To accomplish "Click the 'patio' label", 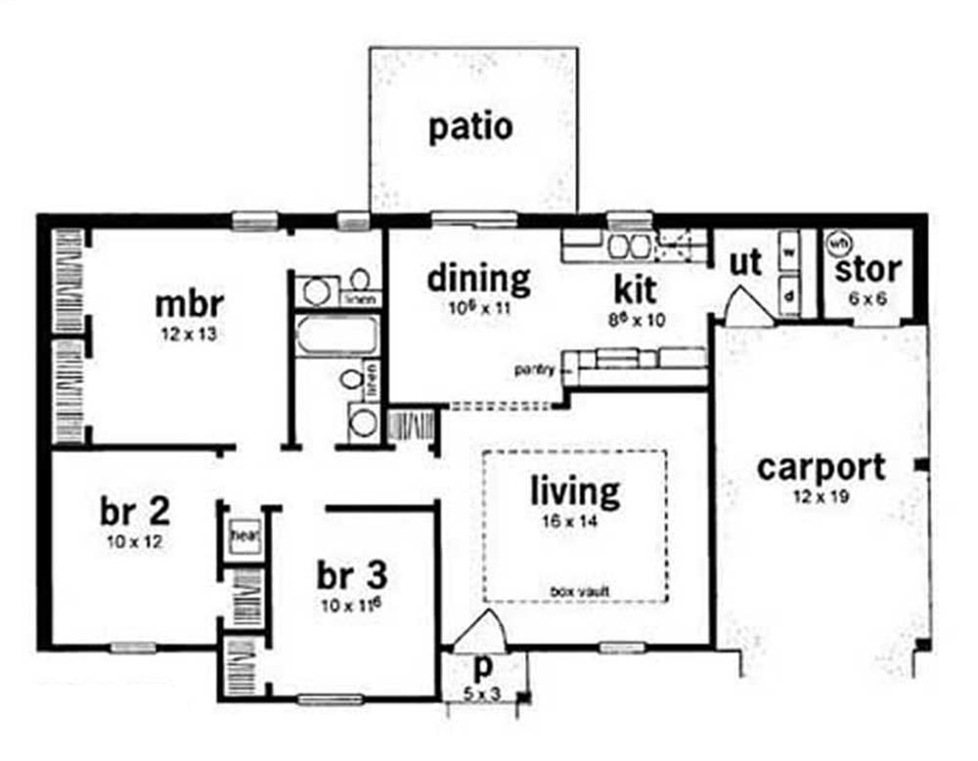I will (470, 128).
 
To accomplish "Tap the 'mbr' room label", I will (190, 303).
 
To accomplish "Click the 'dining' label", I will (479, 280).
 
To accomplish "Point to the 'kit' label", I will (635, 290).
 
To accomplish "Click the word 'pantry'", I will (536, 370).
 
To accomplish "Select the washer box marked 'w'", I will (788, 249).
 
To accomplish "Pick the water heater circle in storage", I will (838, 241).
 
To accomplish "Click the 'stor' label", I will (868, 268).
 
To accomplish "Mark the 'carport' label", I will (822, 468).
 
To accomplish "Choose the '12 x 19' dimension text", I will (822, 497).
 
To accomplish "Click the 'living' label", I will (575, 491).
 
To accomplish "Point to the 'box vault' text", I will (574, 591).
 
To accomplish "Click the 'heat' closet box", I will (243, 536).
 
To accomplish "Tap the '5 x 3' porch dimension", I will (483, 694).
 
